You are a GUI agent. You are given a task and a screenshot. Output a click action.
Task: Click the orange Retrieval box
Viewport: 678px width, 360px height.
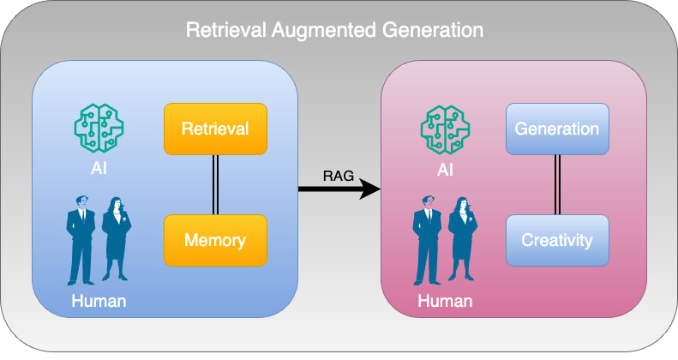click(x=215, y=129)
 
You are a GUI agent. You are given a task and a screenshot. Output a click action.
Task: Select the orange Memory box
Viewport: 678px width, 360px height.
click(x=215, y=240)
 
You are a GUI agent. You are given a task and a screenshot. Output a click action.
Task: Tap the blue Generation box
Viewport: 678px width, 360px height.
click(x=557, y=129)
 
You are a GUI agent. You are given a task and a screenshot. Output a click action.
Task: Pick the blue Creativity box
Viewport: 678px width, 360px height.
click(x=557, y=240)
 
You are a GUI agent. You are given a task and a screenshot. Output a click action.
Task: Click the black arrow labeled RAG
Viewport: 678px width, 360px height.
click(x=339, y=189)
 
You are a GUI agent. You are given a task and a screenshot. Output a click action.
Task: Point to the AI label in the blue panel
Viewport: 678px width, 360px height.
click(x=99, y=169)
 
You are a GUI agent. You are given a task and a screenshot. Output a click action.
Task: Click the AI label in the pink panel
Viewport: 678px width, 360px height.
click(x=445, y=169)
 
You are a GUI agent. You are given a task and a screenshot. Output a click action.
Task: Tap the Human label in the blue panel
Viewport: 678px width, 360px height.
click(x=99, y=301)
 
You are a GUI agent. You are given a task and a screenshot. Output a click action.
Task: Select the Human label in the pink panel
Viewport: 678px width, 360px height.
click(x=445, y=301)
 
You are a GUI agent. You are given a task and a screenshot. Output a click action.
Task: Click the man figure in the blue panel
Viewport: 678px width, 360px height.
click(x=81, y=240)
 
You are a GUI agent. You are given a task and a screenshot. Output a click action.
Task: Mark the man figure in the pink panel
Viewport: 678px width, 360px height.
click(x=427, y=240)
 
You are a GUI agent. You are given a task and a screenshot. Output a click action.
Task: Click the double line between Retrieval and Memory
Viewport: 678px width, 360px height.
click(x=215, y=184)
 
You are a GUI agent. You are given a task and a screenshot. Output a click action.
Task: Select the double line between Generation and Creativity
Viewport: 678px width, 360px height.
click(x=557, y=184)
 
